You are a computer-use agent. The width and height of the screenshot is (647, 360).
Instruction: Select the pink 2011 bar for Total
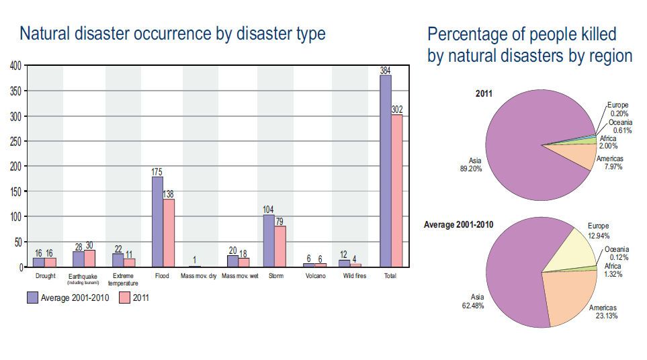(x=396, y=191)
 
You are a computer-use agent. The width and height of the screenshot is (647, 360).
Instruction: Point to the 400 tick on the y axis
(x=15, y=66)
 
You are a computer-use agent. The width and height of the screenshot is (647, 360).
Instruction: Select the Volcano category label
(x=314, y=276)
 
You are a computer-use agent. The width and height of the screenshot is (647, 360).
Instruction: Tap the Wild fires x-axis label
(x=353, y=276)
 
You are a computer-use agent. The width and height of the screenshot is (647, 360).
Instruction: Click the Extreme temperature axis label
(x=123, y=279)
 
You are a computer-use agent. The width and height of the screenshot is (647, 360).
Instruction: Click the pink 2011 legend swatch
(x=124, y=298)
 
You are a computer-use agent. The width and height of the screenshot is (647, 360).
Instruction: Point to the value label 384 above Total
(x=385, y=71)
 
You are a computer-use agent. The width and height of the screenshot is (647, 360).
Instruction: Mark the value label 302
(x=396, y=109)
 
